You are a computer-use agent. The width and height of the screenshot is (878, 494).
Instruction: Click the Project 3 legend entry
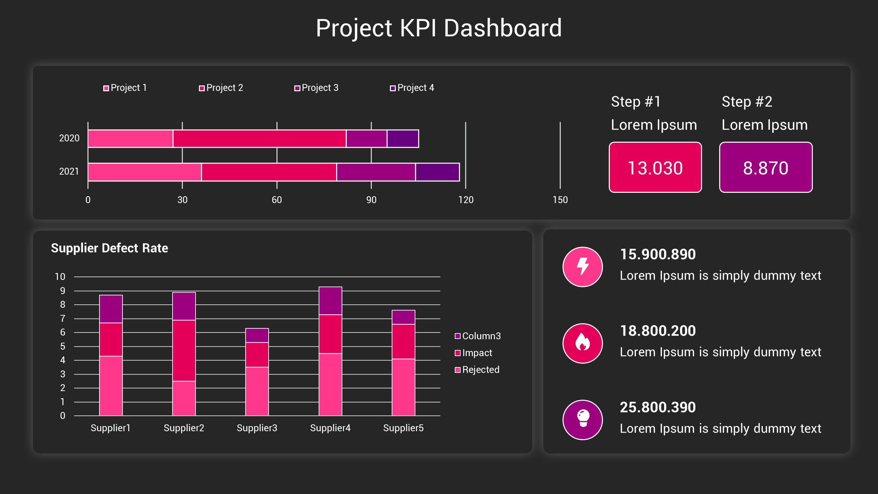316,88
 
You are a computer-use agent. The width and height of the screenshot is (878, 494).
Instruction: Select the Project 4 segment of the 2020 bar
403,139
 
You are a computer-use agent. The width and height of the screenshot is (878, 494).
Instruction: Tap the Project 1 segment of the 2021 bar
144,172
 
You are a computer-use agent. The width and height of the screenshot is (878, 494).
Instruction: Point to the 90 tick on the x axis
371,200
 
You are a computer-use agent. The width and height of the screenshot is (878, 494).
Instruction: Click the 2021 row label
69,172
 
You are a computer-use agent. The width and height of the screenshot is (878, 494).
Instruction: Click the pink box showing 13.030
655,167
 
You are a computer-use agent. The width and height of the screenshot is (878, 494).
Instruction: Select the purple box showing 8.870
766,167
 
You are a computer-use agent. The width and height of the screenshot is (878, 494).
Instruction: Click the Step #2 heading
747,102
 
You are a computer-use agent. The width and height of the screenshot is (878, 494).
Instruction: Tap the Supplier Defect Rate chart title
109,248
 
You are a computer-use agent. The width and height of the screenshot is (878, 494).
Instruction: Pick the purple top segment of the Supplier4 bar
330,301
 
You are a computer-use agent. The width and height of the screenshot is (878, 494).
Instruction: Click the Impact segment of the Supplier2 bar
184,350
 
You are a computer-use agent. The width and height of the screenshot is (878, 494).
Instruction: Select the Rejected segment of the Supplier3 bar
257,391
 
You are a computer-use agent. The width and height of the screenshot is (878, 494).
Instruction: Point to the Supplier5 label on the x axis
403,428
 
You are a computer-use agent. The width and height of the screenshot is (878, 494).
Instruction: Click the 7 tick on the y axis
62,319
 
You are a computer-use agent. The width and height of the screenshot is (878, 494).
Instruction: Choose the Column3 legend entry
478,336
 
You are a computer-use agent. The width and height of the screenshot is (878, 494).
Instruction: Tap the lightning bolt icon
582,267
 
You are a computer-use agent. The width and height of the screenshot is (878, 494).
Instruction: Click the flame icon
582,343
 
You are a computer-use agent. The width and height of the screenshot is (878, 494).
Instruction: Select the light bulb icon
582,419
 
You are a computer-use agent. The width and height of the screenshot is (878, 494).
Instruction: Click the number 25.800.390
657,407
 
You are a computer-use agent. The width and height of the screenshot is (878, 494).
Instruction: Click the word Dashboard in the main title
502,28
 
